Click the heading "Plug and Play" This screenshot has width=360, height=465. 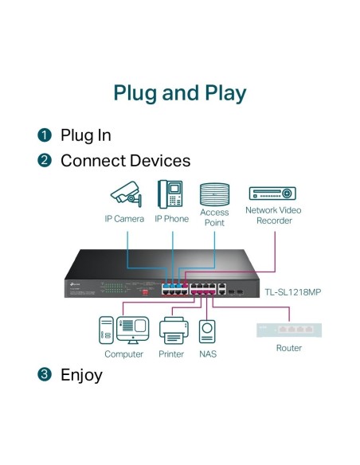tap(180, 92)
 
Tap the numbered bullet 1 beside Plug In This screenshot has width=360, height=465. tap(45, 135)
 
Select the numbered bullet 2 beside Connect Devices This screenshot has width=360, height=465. tap(45, 161)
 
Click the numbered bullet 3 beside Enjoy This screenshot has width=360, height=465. tap(45, 374)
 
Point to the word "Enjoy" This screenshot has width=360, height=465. tap(81, 374)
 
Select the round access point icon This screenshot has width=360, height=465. tap(213, 194)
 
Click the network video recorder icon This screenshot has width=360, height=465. tap(272, 193)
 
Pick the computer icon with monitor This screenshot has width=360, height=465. tap(124, 328)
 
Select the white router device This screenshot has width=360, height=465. tap(288, 328)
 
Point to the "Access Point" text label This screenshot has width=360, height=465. tap(213, 217)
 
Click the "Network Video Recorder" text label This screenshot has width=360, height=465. tap(272, 216)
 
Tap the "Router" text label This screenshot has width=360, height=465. tap(288, 348)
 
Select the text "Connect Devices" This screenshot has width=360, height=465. tap(125, 161)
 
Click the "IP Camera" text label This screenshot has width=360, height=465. tap(124, 218)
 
